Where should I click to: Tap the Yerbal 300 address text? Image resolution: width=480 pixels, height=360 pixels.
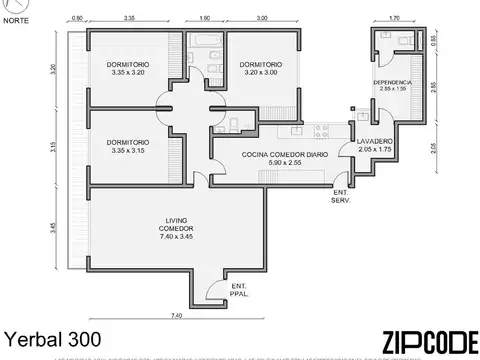53,339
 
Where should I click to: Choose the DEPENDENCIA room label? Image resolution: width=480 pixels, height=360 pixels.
391,86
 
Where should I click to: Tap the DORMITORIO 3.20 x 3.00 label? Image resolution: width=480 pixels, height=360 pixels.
261,69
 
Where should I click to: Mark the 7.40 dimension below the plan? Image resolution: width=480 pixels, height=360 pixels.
176,317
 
